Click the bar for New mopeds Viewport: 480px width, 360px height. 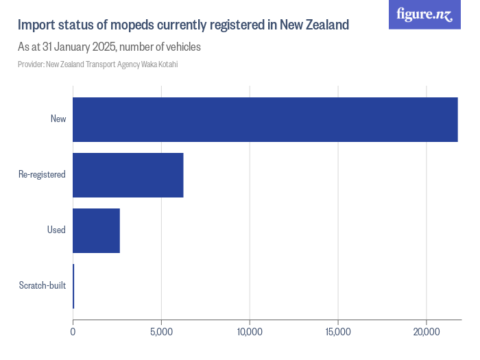tap(265, 119)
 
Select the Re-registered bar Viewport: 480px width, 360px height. tap(128, 175)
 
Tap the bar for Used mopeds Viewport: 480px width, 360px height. tap(96, 230)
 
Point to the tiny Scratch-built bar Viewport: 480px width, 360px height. tap(73, 286)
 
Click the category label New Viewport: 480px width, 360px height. tap(58, 119)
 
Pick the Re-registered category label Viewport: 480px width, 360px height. tap(42, 175)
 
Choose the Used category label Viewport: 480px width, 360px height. tap(56, 230)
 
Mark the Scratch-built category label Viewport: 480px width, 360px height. tap(43, 286)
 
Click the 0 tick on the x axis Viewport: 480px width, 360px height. tap(73, 333)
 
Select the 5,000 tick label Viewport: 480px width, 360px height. tap(161, 333)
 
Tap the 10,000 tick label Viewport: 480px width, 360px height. tap(250, 333)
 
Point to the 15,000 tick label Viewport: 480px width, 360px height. tap(338, 333)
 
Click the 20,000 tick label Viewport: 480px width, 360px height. tap(427, 333)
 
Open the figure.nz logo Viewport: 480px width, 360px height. tap(424, 14)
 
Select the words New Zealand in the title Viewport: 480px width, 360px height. tap(313, 25)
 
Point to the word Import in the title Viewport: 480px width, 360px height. tap(36, 25)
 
